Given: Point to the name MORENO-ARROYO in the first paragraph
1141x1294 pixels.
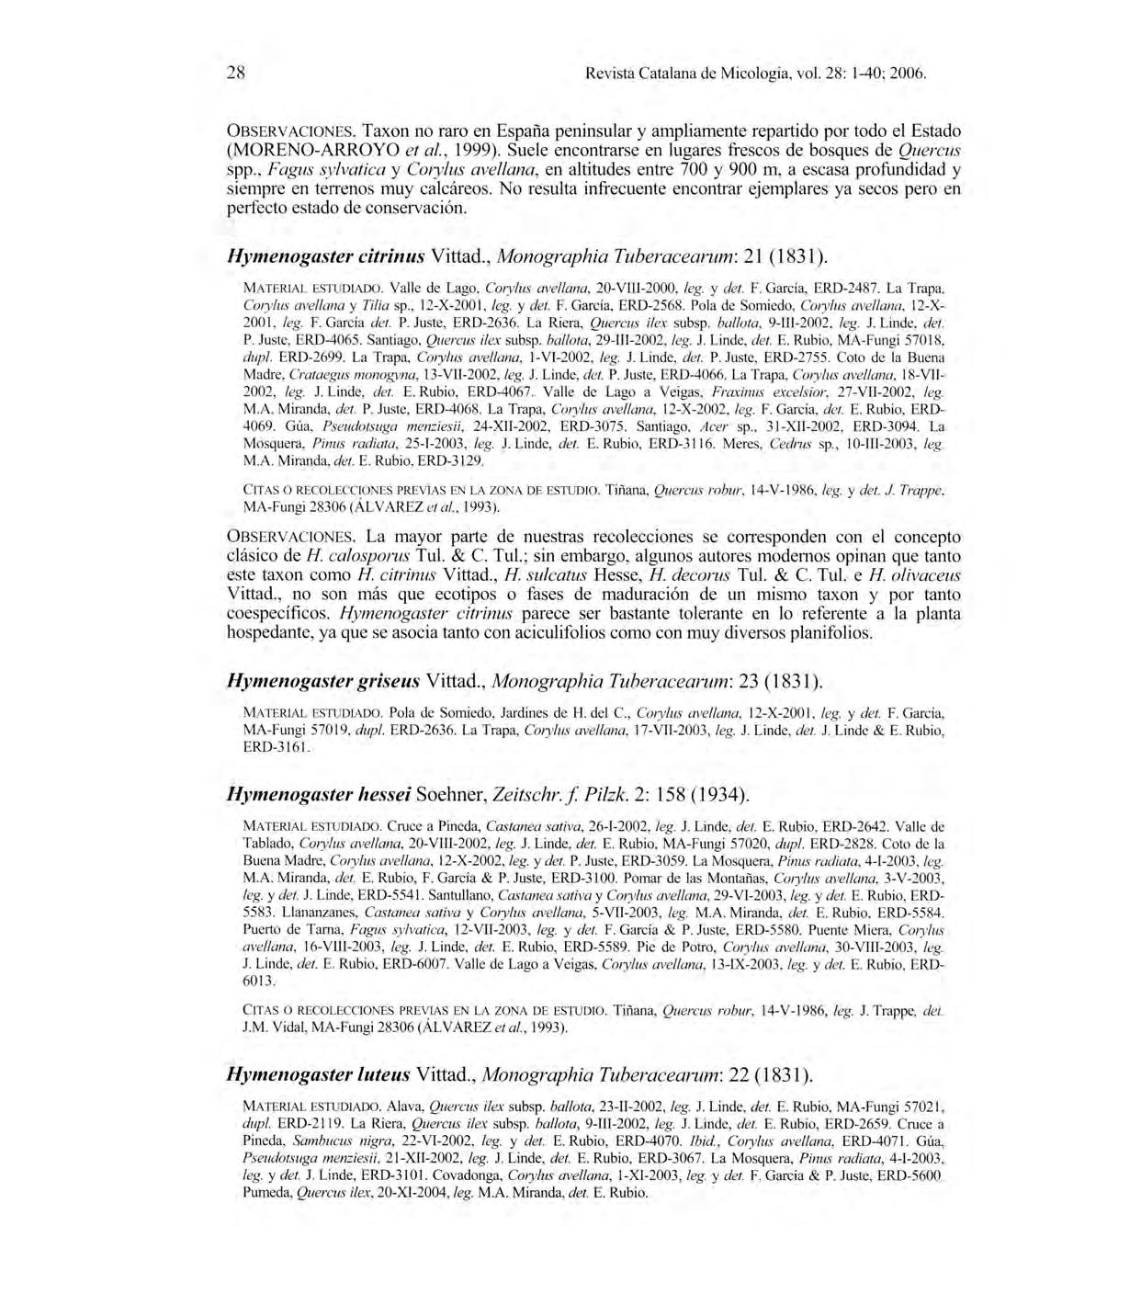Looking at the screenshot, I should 291,150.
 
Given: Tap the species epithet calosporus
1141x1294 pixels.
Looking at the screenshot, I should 359,556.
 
